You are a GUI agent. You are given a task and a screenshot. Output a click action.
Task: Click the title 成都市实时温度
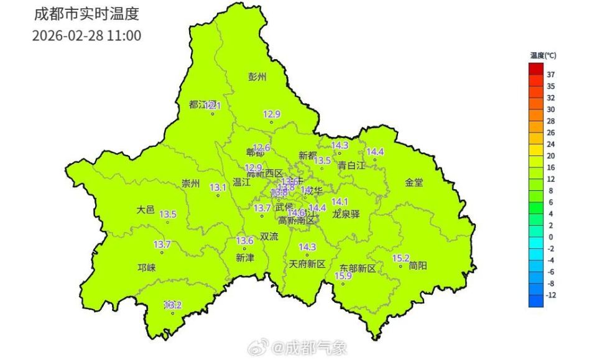86,13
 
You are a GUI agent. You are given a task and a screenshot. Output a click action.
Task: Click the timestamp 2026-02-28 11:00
86,35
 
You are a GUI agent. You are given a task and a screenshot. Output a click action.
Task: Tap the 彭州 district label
257,77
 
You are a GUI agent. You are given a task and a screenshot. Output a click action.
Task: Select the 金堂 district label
414,182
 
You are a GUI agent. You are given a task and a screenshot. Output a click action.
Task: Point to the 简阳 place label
418,265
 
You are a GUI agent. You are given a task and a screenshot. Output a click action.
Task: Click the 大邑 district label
146,210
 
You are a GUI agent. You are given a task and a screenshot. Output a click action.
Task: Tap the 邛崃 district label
146,267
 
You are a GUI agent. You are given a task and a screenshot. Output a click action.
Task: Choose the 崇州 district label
190,183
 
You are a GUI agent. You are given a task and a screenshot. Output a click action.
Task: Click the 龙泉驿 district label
346,214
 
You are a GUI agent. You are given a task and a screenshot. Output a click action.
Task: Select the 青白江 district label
351,165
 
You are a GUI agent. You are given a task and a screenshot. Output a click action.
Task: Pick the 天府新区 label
307,264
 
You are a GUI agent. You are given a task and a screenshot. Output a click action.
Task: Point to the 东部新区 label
358,268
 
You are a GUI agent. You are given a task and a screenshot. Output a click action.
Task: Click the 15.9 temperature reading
343,276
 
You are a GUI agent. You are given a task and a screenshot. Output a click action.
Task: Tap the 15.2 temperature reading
401,258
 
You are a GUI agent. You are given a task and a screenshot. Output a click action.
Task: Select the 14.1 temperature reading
340,202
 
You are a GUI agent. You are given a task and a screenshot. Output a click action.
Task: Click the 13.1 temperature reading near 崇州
218,187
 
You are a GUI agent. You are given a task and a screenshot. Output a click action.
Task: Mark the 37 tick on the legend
550,74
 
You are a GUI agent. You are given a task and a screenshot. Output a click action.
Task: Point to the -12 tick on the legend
550,295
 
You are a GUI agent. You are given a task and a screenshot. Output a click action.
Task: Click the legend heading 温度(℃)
543,56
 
